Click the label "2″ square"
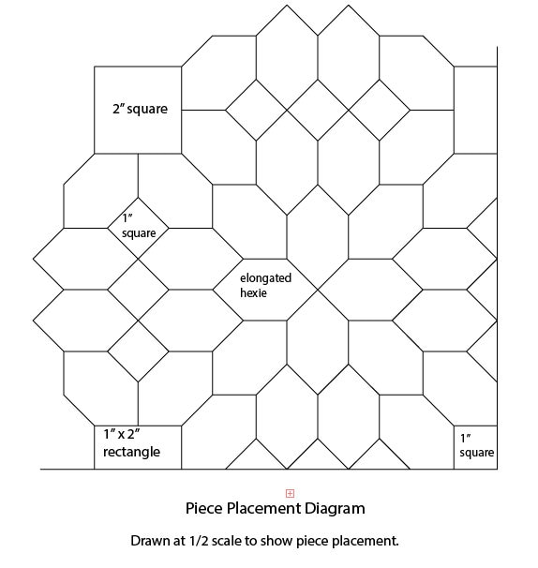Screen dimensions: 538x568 [x=141, y=109]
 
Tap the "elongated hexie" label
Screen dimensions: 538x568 [x=265, y=285]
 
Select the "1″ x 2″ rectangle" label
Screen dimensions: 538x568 [x=131, y=442]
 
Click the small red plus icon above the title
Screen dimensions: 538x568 [x=290, y=493]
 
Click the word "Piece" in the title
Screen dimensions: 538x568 [x=203, y=508]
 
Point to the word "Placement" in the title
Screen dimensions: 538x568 [x=263, y=508]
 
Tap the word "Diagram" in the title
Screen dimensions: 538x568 [x=335, y=509]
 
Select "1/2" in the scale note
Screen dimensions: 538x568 [x=199, y=541]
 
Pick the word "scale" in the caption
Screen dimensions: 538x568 [x=227, y=541]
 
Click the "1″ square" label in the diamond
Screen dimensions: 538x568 [x=139, y=226]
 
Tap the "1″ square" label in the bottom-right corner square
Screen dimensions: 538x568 [x=477, y=445]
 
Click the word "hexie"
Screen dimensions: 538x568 [x=253, y=292]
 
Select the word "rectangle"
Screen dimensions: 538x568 [x=131, y=452]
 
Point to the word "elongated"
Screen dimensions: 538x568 [x=265, y=278]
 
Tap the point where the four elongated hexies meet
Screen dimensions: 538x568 [x=318, y=290]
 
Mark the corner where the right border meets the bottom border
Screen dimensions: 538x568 [x=497, y=469]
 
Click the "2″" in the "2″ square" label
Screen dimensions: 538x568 [x=118, y=109]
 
